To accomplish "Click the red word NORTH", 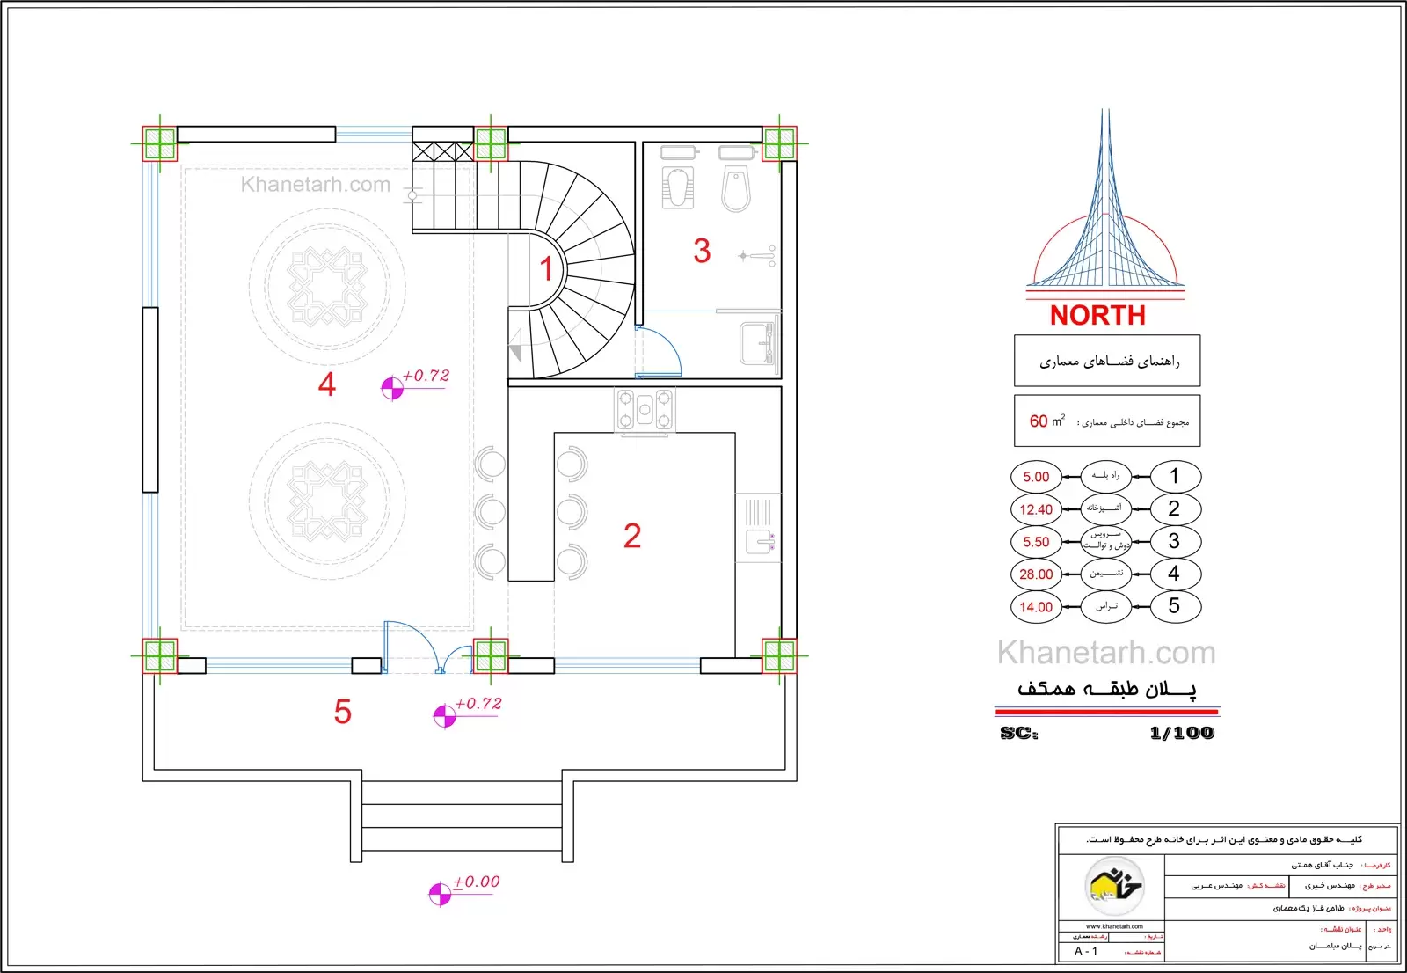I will tap(1097, 315).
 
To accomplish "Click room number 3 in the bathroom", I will tap(702, 251).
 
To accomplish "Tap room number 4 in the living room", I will tap(327, 384).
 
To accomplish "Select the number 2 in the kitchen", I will tap(632, 536).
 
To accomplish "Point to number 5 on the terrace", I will tap(343, 712).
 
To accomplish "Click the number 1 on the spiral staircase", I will tap(546, 268).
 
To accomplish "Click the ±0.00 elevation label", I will tap(476, 882).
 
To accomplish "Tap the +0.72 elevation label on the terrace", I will tap(478, 704).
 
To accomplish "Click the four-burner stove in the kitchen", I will tap(645, 410).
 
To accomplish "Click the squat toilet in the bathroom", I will tap(678, 187).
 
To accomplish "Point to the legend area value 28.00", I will tap(1036, 574).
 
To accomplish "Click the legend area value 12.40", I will tap(1036, 509).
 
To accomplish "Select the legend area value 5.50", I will tap(1036, 542).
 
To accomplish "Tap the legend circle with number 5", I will tap(1174, 606).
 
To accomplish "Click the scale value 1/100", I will tap(1181, 733).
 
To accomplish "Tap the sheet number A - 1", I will tap(1086, 951).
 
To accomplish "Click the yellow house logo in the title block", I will tap(1113, 885).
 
